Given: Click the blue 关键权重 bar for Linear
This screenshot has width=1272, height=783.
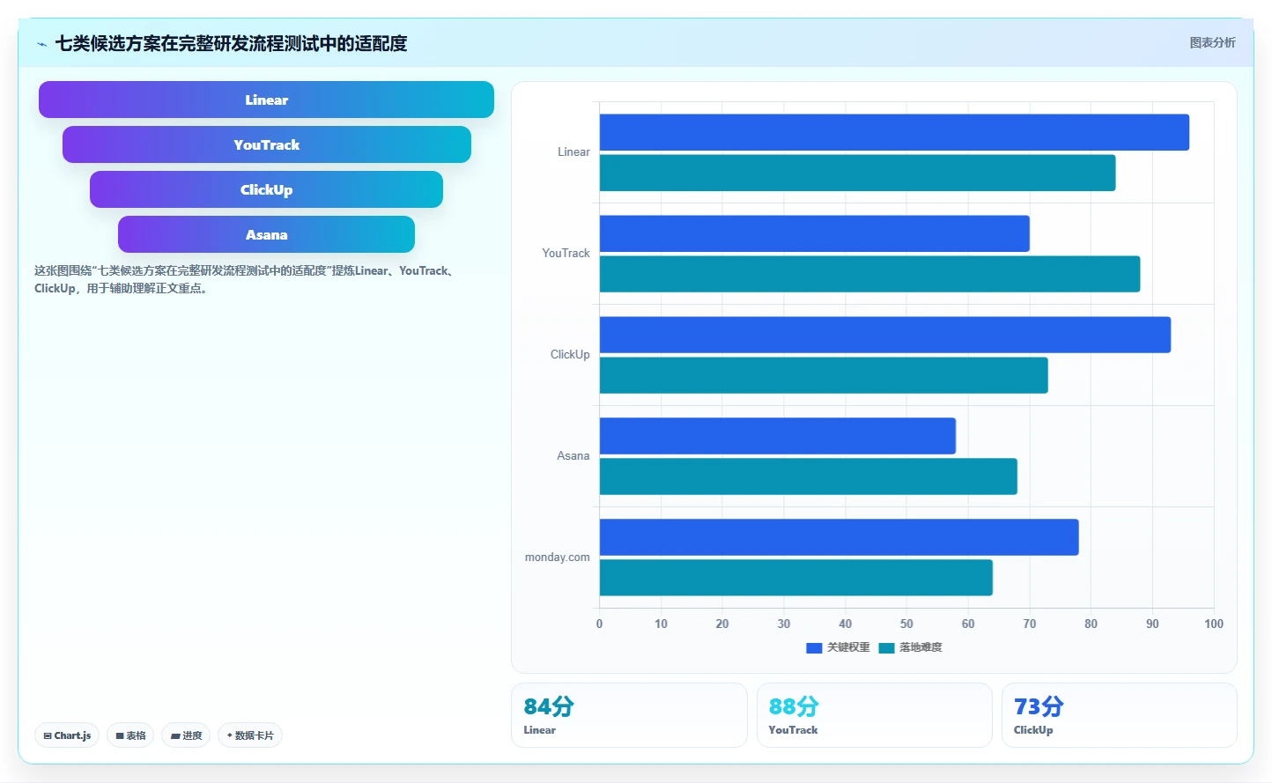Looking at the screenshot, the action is click(x=894, y=132).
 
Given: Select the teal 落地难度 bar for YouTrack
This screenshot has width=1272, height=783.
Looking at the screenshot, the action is click(x=870, y=274).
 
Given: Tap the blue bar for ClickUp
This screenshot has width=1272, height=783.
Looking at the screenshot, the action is click(x=885, y=335).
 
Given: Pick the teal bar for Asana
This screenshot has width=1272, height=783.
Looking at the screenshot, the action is click(x=809, y=476).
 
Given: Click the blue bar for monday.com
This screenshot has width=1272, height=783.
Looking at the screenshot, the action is click(x=839, y=537).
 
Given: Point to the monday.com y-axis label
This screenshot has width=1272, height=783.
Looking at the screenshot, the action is click(x=557, y=557).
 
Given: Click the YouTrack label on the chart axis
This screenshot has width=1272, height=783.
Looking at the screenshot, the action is click(x=566, y=254).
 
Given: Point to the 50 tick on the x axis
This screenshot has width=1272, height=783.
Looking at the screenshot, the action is click(x=906, y=624).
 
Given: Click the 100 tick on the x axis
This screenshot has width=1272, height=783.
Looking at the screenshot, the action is click(x=1214, y=624).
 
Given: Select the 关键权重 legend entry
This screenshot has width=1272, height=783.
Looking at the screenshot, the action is click(x=838, y=647).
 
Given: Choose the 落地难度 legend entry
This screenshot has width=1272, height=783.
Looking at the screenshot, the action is click(x=910, y=647).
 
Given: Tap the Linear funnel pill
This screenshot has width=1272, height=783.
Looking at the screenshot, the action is click(x=266, y=100).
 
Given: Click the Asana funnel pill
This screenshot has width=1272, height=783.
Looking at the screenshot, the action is click(x=266, y=234).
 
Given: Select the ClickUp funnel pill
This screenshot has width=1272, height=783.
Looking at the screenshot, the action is click(x=266, y=189).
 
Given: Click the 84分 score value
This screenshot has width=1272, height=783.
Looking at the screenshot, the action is click(x=549, y=707).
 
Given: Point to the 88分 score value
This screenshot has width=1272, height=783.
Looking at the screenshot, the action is click(x=794, y=707).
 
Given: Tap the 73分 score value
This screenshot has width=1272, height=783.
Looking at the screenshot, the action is click(x=1039, y=707).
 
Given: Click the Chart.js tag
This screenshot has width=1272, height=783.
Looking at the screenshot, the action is click(x=67, y=735).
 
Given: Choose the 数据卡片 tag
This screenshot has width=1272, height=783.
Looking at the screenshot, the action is click(x=250, y=735).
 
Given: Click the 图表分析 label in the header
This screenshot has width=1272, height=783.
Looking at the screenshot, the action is click(x=1212, y=42).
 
